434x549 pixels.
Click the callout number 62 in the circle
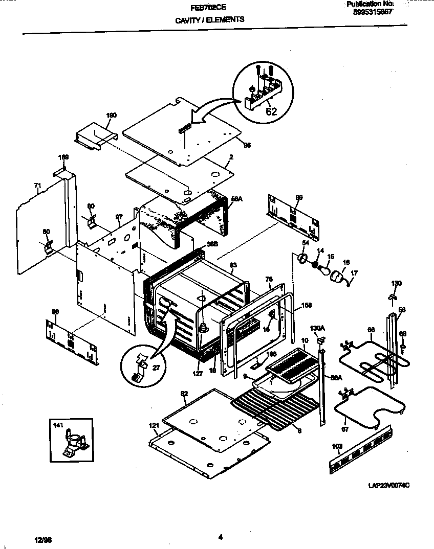click(271, 111)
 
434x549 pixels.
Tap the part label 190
click(111, 116)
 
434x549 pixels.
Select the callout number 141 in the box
click(57, 424)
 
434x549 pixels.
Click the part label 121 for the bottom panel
click(154, 425)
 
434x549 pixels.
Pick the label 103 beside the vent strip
click(336, 446)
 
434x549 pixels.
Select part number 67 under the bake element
click(345, 429)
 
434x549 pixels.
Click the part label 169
click(63, 157)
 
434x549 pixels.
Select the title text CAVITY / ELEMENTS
click(209, 20)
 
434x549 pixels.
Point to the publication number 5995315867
click(373, 12)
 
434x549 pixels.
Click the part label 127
click(198, 374)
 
